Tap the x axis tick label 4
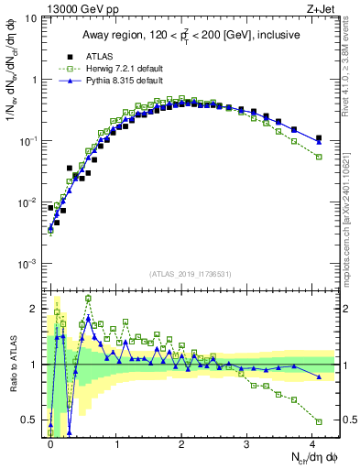312,443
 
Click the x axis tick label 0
50,443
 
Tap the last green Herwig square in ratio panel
319,421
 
